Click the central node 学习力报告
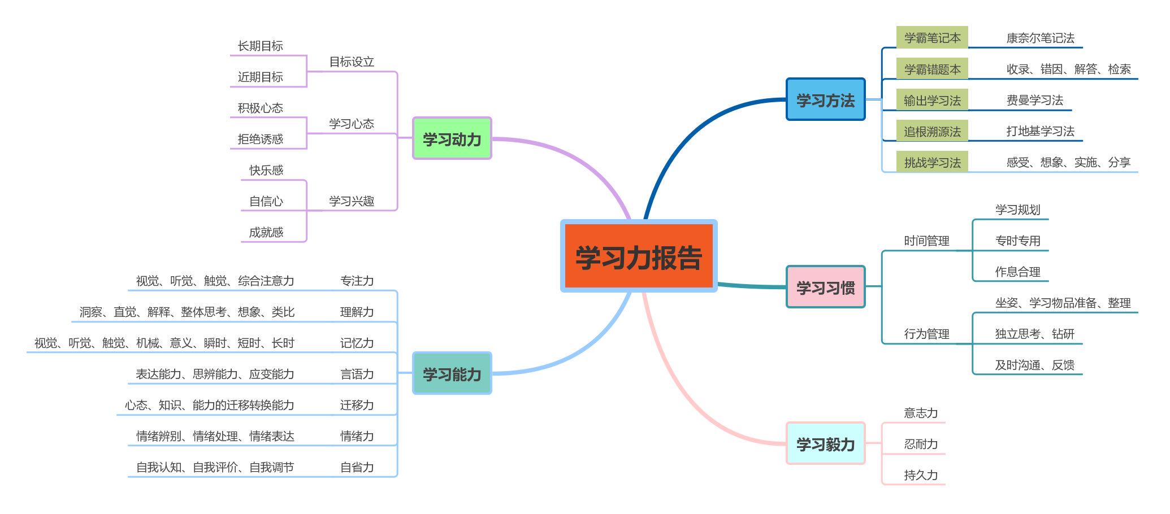[x=639, y=256]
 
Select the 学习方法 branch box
[x=825, y=100]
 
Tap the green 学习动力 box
[x=452, y=139]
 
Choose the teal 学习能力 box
[x=452, y=373]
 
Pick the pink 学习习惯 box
[x=825, y=288]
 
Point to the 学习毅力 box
[x=825, y=444]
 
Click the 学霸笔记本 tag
[x=932, y=38]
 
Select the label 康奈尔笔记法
[x=1040, y=38]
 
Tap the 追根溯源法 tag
[x=932, y=132]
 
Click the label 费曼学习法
[x=1034, y=100]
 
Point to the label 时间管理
[x=926, y=241]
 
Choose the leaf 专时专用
[x=1017, y=241]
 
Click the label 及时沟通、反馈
[x=1034, y=365]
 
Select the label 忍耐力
[x=921, y=444]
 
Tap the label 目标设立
[x=352, y=62]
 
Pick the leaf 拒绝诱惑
[x=260, y=139]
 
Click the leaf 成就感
[x=266, y=232]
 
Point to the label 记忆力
[x=357, y=343]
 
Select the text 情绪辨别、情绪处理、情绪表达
[x=215, y=436]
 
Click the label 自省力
[x=357, y=467]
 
